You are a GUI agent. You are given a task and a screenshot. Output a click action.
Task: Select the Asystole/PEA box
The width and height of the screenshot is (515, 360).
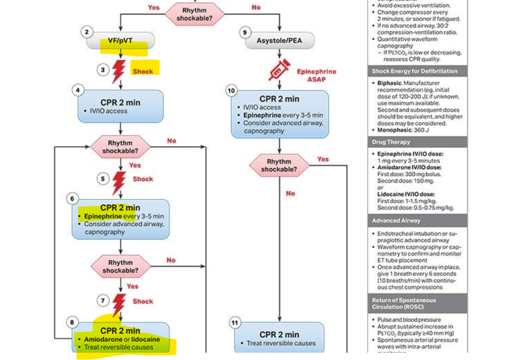279,41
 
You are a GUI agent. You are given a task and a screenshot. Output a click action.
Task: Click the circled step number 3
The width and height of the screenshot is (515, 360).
103,70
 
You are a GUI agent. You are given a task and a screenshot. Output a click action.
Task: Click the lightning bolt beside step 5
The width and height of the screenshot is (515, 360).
119,182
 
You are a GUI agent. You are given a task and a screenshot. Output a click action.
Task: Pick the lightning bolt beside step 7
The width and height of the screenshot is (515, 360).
119,304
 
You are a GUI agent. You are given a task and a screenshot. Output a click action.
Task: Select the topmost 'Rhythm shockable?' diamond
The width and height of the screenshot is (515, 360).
194,14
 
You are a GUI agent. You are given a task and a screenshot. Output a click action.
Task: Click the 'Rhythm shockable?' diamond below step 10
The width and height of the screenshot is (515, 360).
279,166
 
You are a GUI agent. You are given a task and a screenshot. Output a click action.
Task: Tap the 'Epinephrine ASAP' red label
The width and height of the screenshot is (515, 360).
316,75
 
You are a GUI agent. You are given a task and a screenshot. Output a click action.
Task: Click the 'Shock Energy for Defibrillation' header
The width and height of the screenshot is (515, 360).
414,71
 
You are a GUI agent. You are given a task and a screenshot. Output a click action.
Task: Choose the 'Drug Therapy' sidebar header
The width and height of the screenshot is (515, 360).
391,142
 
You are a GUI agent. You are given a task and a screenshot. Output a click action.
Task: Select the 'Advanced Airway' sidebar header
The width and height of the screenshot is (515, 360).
396,221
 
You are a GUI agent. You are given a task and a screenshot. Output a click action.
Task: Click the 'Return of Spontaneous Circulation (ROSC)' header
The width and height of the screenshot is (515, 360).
404,304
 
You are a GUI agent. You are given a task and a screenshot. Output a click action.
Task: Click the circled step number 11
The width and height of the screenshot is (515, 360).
235,323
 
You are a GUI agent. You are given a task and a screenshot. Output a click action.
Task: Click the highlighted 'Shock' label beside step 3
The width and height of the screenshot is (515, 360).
143,71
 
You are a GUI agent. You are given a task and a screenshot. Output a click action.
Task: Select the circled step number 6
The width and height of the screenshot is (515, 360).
72,199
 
